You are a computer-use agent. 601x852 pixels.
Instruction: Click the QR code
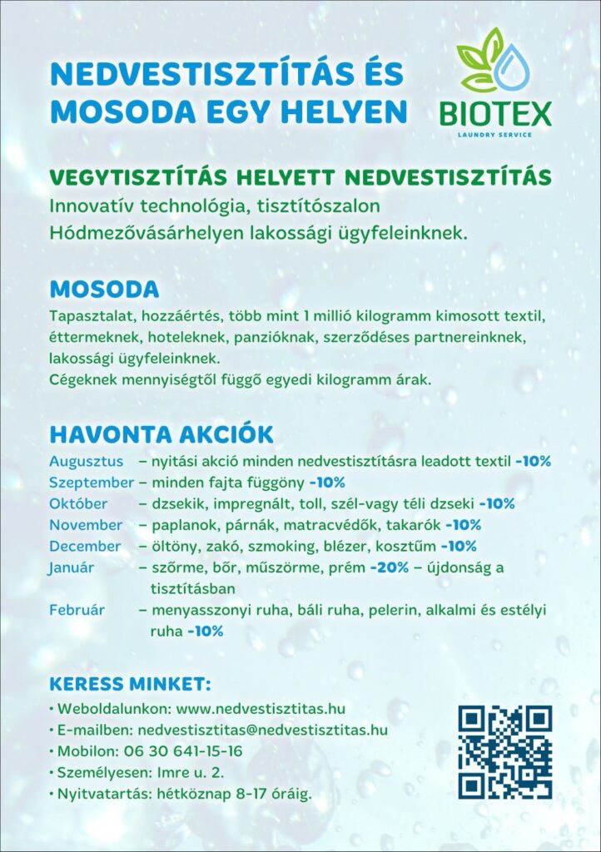[x=504, y=751]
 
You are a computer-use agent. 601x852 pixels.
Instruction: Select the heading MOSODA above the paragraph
[x=104, y=290]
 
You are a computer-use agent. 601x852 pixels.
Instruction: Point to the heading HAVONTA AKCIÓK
[x=161, y=435]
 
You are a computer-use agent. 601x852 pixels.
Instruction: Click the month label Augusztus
[x=86, y=461]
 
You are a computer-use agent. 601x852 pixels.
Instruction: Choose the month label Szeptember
[x=91, y=483]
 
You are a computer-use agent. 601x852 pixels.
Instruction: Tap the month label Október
[x=78, y=504]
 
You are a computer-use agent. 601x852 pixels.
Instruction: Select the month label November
[x=86, y=525]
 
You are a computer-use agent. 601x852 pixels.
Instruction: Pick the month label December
[x=85, y=547]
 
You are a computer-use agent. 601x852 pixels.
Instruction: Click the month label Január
[x=72, y=567]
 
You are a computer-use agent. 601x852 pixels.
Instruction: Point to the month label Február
[x=77, y=610]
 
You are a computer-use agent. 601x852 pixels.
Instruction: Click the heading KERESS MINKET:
[x=130, y=684]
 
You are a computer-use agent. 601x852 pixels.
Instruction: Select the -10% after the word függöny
[x=327, y=483]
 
